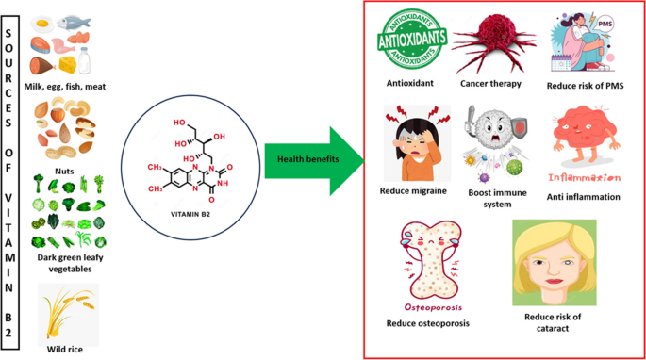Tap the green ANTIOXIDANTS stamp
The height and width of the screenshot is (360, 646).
(x=412, y=40)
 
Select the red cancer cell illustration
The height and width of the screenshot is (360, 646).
(x=492, y=42)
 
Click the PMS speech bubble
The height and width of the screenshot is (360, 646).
(x=605, y=24)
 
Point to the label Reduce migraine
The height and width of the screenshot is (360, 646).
(x=413, y=190)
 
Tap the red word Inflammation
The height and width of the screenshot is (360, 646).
(x=584, y=178)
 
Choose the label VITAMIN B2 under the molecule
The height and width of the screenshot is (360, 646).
(x=190, y=214)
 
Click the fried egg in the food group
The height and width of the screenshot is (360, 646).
(x=42, y=25)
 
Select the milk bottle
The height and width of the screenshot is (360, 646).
(x=85, y=60)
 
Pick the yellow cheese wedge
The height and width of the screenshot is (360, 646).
(x=68, y=65)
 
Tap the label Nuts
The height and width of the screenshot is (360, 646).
(x=64, y=171)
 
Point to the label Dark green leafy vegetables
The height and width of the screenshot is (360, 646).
(x=70, y=263)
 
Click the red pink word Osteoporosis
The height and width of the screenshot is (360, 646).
(x=433, y=307)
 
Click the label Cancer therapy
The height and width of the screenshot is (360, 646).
(x=490, y=84)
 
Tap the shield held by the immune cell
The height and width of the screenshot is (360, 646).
(x=519, y=126)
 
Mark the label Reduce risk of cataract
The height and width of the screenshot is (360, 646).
(x=553, y=322)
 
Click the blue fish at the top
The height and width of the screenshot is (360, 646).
(x=74, y=23)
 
